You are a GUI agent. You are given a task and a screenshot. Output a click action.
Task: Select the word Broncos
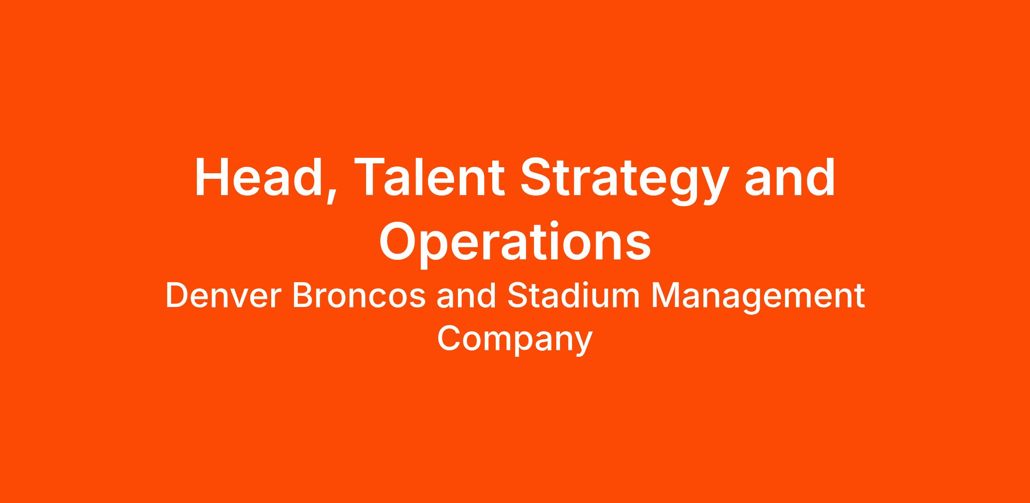coord(359,296)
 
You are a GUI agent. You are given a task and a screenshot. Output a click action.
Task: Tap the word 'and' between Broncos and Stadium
coord(466,296)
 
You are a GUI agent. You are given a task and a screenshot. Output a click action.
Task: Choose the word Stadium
coord(573,296)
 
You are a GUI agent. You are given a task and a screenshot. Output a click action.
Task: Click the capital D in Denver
coord(177,296)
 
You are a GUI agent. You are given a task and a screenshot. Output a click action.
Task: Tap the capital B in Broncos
coord(303,296)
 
